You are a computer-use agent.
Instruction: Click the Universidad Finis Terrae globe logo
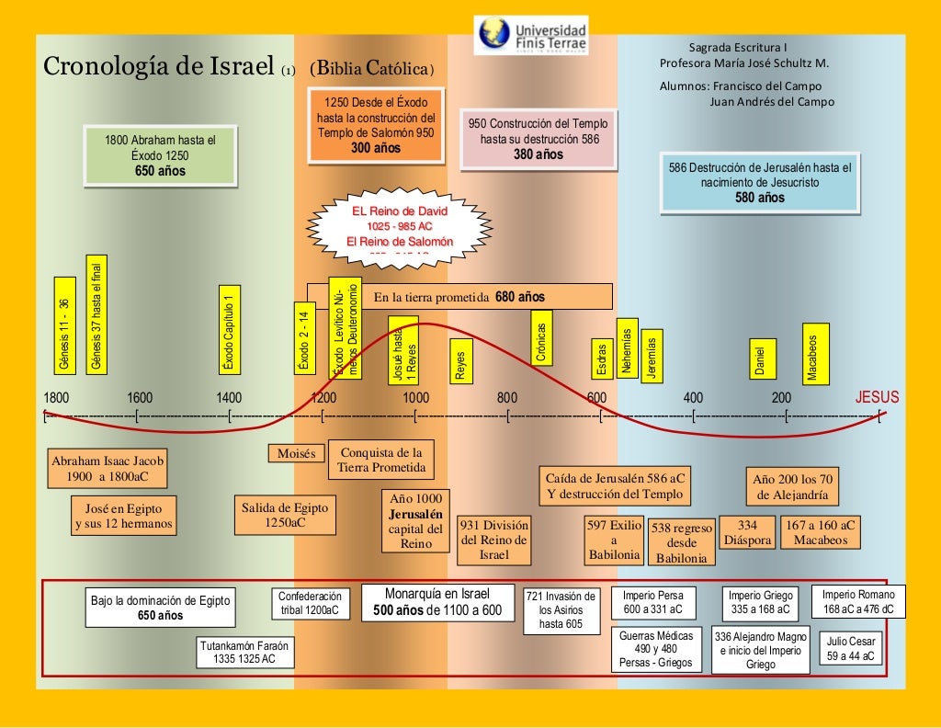494,34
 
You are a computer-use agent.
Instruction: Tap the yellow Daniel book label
760,358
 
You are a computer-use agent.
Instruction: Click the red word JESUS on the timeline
877,398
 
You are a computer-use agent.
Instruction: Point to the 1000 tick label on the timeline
415,398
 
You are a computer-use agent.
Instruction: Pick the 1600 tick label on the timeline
140,398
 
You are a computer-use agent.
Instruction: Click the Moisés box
296,453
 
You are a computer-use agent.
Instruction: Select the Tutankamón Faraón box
244,652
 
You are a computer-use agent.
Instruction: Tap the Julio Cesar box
850,649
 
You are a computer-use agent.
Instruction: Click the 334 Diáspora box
747,532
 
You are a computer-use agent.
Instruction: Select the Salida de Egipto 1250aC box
285,515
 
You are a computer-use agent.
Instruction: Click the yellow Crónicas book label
542,341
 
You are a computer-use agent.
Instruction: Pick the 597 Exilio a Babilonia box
614,540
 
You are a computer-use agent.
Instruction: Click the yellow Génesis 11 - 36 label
64,324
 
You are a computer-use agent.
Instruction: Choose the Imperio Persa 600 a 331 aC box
653,602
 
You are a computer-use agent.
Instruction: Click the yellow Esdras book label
601,359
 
